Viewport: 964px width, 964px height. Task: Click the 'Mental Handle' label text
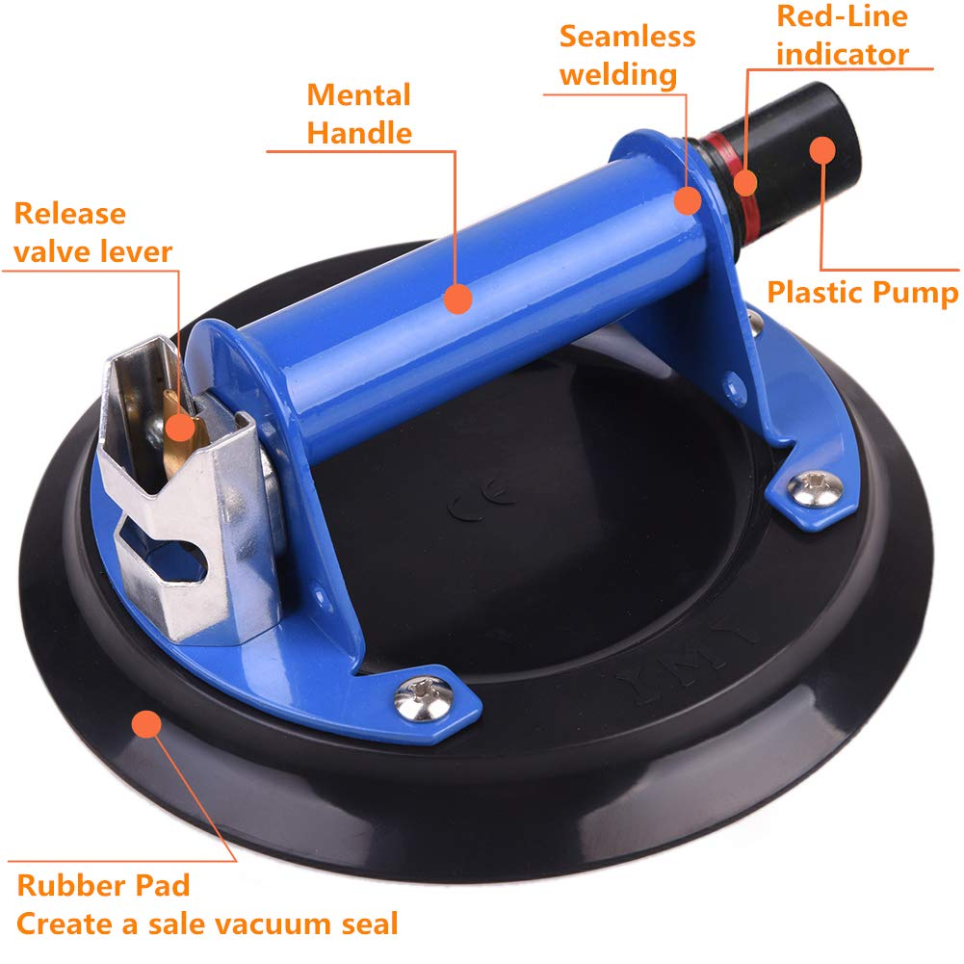coord(359,115)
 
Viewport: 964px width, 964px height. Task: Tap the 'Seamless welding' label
coord(627,56)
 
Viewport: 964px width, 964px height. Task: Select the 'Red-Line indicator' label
coord(843,35)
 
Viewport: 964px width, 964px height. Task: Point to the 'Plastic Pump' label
coord(863,292)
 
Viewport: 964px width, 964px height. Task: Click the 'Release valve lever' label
coord(92,233)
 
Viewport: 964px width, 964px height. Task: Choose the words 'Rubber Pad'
coord(103,885)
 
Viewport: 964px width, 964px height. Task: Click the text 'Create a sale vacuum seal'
coord(207,924)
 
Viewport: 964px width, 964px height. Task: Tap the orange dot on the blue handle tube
coord(457,299)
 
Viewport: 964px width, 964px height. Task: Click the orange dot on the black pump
coord(822,149)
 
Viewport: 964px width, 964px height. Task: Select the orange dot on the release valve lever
coord(180,427)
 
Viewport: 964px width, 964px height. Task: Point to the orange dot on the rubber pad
coord(146,723)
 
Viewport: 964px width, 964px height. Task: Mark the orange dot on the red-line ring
coord(745,183)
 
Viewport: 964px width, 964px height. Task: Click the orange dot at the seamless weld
coord(688,199)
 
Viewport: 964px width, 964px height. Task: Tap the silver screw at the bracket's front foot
coord(423,698)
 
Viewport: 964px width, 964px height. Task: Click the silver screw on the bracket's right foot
coord(816,488)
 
